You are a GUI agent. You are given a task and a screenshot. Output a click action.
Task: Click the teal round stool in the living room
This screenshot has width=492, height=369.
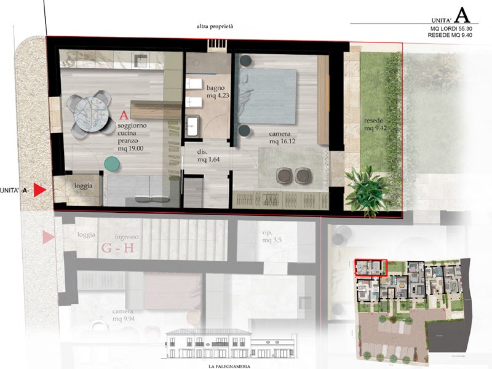(113, 163)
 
